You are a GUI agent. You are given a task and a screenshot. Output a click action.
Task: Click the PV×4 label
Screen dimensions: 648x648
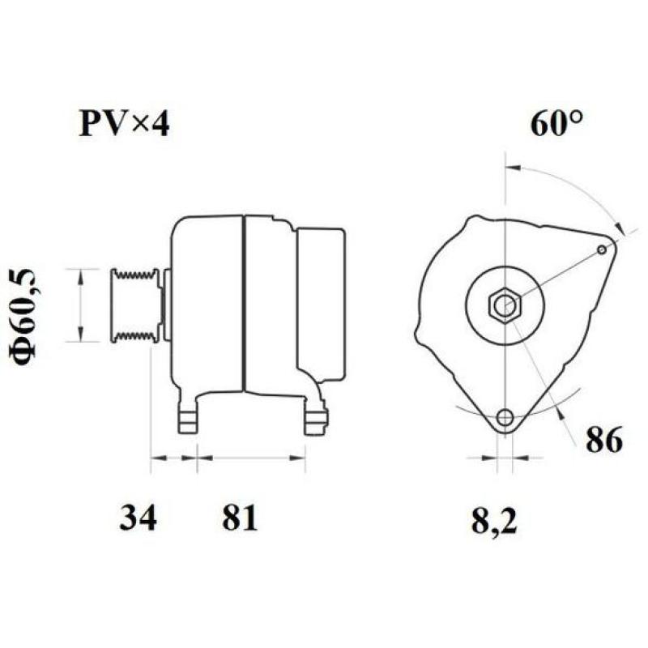pyautogui.click(x=124, y=124)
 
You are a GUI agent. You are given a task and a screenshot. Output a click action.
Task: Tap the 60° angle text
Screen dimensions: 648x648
pyautogui.click(x=558, y=122)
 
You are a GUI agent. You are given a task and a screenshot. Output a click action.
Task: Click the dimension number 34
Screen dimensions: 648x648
pyautogui.click(x=139, y=517)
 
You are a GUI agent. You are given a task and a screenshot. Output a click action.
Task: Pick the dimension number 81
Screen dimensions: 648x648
pyautogui.click(x=239, y=517)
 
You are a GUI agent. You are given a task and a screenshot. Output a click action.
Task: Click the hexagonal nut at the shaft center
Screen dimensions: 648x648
pyautogui.click(x=504, y=305)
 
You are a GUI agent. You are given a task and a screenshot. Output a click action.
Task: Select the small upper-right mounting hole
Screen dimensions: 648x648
pyautogui.click(x=601, y=249)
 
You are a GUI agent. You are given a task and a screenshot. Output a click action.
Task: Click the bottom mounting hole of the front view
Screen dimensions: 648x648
pyautogui.click(x=505, y=418)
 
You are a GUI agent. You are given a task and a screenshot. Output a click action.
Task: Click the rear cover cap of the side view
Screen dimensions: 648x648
pyautogui.click(x=321, y=305)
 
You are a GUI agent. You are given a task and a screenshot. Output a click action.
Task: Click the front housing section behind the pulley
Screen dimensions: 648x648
pyautogui.click(x=207, y=304)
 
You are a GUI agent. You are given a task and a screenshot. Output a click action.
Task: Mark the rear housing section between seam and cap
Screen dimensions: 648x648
pyautogui.click(x=270, y=305)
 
